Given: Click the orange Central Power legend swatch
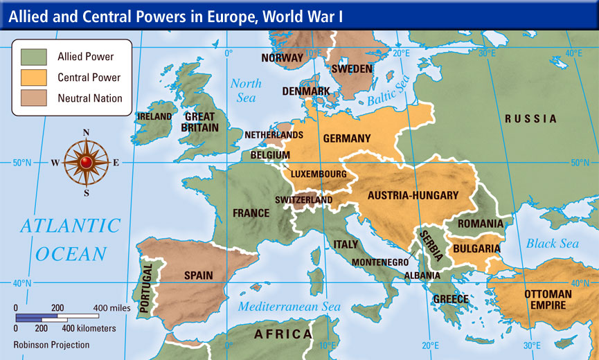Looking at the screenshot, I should tap(34, 77).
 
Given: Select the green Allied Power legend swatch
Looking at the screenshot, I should tap(34, 56).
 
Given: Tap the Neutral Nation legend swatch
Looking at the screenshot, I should tap(34, 98).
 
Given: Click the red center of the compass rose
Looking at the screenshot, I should tap(86, 163).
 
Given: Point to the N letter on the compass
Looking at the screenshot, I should tap(86, 133).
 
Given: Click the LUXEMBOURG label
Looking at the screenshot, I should tap(319, 173).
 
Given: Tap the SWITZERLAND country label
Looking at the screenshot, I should tap(303, 200).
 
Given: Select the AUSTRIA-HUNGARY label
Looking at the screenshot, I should tap(413, 195).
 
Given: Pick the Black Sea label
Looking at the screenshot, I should tap(552, 244).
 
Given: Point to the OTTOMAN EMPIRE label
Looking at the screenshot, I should tap(548, 299).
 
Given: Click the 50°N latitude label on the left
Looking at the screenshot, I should tap(23, 163).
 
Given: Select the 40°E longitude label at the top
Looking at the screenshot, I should tap(573, 53).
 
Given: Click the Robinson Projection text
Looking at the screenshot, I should tap(51, 344).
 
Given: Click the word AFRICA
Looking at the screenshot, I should tap(283, 334).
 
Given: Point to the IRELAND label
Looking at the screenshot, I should tap(154, 116).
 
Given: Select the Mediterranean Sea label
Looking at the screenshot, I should tap(289, 307).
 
